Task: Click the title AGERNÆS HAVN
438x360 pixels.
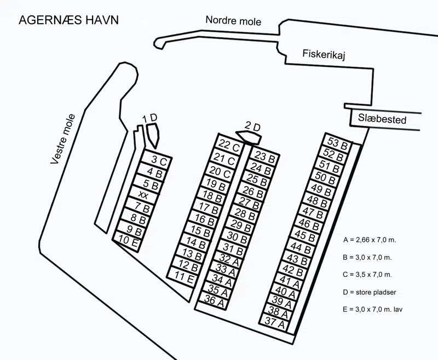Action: pyautogui.click(x=68, y=20)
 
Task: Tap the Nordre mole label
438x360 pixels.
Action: pyautogui.click(x=233, y=21)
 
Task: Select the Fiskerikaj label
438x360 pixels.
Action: pyautogui.click(x=326, y=54)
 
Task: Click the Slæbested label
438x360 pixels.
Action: pyautogui.click(x=382, y=119)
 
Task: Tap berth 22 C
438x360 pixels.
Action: pyautogui.click(x=229, y=146)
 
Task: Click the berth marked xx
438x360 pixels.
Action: pyautogui.click(x=143, y=195)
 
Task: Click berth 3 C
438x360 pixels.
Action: pyautogui.click(x=159, y=160)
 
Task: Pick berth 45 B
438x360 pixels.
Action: pyautogui.click(x=305, y=235)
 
